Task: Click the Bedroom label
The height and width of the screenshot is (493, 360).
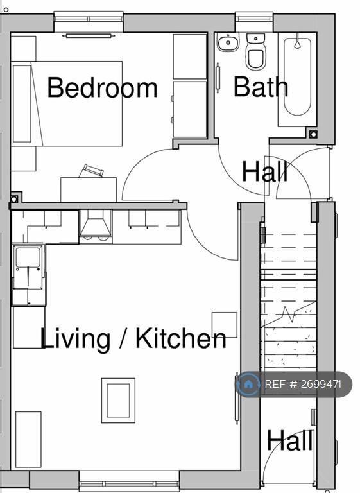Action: pyautogui.click(x=102, y=87)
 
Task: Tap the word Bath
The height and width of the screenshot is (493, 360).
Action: pyautogui.click(x=261, y=87)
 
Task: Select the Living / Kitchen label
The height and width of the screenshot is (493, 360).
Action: pyautogui.click(x=133, y=339)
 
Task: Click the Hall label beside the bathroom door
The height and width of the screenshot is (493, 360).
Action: pyautogui.click(x=265, y=171)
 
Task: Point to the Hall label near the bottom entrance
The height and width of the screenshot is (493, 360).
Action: pyautogui.click(x=290, y=440)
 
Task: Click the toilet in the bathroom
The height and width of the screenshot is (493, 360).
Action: pyautogui.click(x=255, y=52)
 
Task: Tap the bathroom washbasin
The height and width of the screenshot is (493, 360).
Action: pyautogui.click(x=228, y=42)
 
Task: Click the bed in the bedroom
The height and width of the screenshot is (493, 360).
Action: pyautogui.click(x=67, y=104)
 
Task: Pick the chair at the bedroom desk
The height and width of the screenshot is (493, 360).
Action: pyautogui.click(x=91, y=171)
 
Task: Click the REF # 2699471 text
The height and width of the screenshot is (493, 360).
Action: pyautogui.click(x=303, y=385)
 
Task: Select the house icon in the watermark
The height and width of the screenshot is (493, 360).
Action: pyautogui.click(x=248, y=384)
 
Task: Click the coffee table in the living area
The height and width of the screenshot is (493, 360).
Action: pyautogui.click(x=118, y=401)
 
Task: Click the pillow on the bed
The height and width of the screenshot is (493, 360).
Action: pyautogui.click(x=22, y=104)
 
